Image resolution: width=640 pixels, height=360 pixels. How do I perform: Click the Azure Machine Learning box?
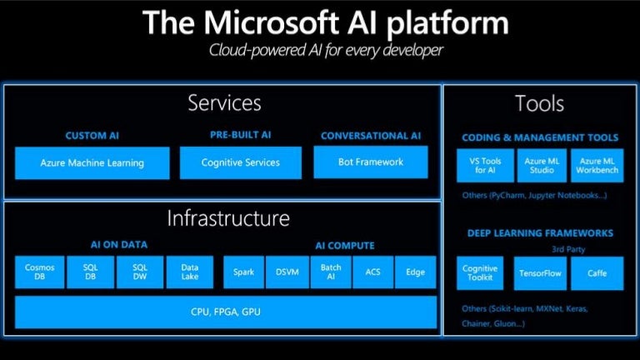[x=92, y=162]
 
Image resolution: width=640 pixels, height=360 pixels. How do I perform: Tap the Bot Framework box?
[x=371, y=162]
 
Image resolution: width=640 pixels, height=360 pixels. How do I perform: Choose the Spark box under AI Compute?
[x=242, y=272]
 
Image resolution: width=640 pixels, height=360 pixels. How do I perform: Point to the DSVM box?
[x=287, y=272]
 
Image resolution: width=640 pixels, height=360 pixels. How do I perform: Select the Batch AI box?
[x=331, y=272]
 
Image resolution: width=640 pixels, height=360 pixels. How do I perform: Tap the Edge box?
[x=415, y=272]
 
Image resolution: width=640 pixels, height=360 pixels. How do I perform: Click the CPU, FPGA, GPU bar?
[x=225, y=312]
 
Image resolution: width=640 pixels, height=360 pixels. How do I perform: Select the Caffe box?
[x=597, y=273]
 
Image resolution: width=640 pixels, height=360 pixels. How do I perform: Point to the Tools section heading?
[x=539, y=104]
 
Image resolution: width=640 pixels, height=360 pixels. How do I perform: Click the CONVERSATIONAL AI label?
[x=371, y=136]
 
